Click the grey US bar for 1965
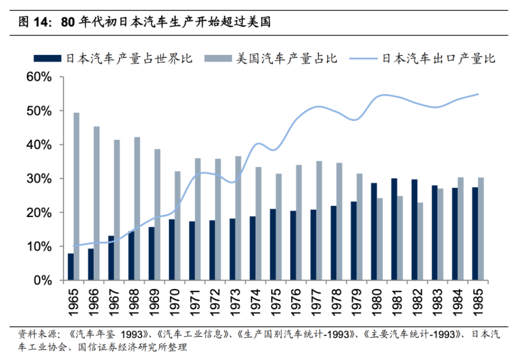point(76,197)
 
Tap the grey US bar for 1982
point(420,242)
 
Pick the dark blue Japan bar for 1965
point(71,267)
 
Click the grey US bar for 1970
point(178,226)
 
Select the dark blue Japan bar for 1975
point(273,245)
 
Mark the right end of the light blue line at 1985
point(477,94)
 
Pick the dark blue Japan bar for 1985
point(474,234)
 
